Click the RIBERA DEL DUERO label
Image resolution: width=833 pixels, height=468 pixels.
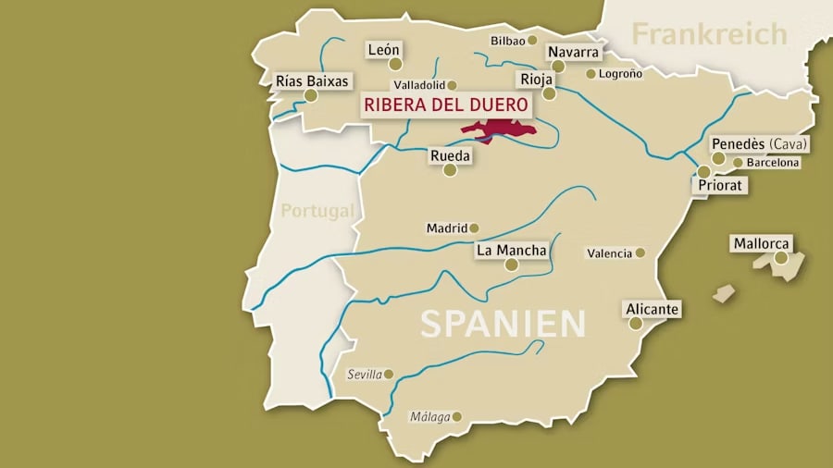[446, 105]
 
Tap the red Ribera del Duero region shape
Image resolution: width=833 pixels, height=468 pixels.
[500, 130]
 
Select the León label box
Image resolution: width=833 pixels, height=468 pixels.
[383, 49]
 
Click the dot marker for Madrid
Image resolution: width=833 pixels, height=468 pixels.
[474, 228]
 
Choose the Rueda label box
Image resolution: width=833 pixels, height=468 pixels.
[450, 156]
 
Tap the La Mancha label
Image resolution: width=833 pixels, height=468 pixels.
[511, 250]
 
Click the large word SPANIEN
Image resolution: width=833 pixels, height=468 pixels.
[504, 324]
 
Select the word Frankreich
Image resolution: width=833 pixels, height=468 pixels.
[709, 34]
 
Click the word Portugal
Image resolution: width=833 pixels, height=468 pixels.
[317, 211]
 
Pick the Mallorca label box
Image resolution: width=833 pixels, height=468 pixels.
[762, 244]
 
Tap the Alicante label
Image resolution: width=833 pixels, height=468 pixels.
[653, 309]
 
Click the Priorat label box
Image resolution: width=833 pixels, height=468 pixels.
[721, 185]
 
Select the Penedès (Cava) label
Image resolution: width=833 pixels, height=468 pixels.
[759, 144]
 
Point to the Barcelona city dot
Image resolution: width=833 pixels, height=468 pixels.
[738, 163]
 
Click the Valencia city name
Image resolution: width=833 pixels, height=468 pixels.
[609, 252]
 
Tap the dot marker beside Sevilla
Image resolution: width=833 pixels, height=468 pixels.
[389, 375]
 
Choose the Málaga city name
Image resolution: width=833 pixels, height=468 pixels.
[429, 417]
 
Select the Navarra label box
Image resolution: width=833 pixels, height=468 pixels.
[573, 52]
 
